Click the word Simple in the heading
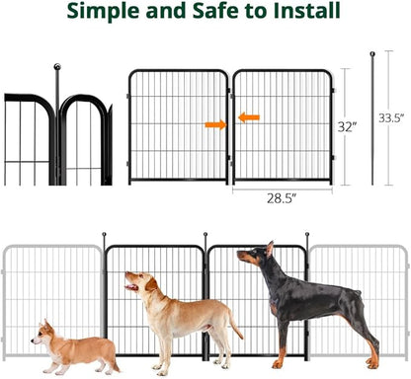[x=103, y=11]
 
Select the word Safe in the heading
[x=215, y=10]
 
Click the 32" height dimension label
[x=347, y=126]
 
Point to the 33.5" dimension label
[x=391, y=117]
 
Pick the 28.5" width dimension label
[x=282, y=198]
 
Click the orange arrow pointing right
[x=215, y=124]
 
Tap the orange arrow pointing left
[x=249, y=117]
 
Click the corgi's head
[x=42, y=333]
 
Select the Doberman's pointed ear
[x=270, y=249]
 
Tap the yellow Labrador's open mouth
[x=131, y=286]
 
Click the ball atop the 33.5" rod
[x=372, y=54]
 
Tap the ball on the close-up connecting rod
[x=57, y=67]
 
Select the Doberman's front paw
[x=278, y=364]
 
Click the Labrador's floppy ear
[x=152, y=284]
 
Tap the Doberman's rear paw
[x=372, y=364]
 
